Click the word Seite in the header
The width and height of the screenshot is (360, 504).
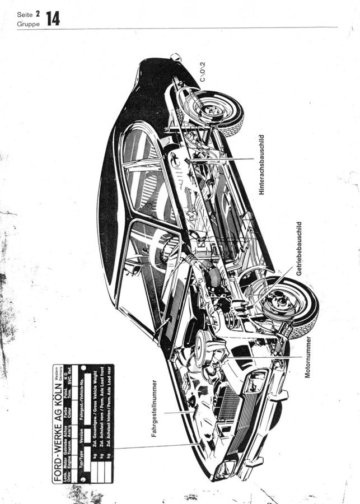[x=25, y=14]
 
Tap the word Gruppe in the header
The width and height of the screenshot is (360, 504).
[x=28, y=24]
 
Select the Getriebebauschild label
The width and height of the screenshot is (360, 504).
[x=300, y=248]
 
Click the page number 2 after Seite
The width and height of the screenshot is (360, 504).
[x=38, y=13]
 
